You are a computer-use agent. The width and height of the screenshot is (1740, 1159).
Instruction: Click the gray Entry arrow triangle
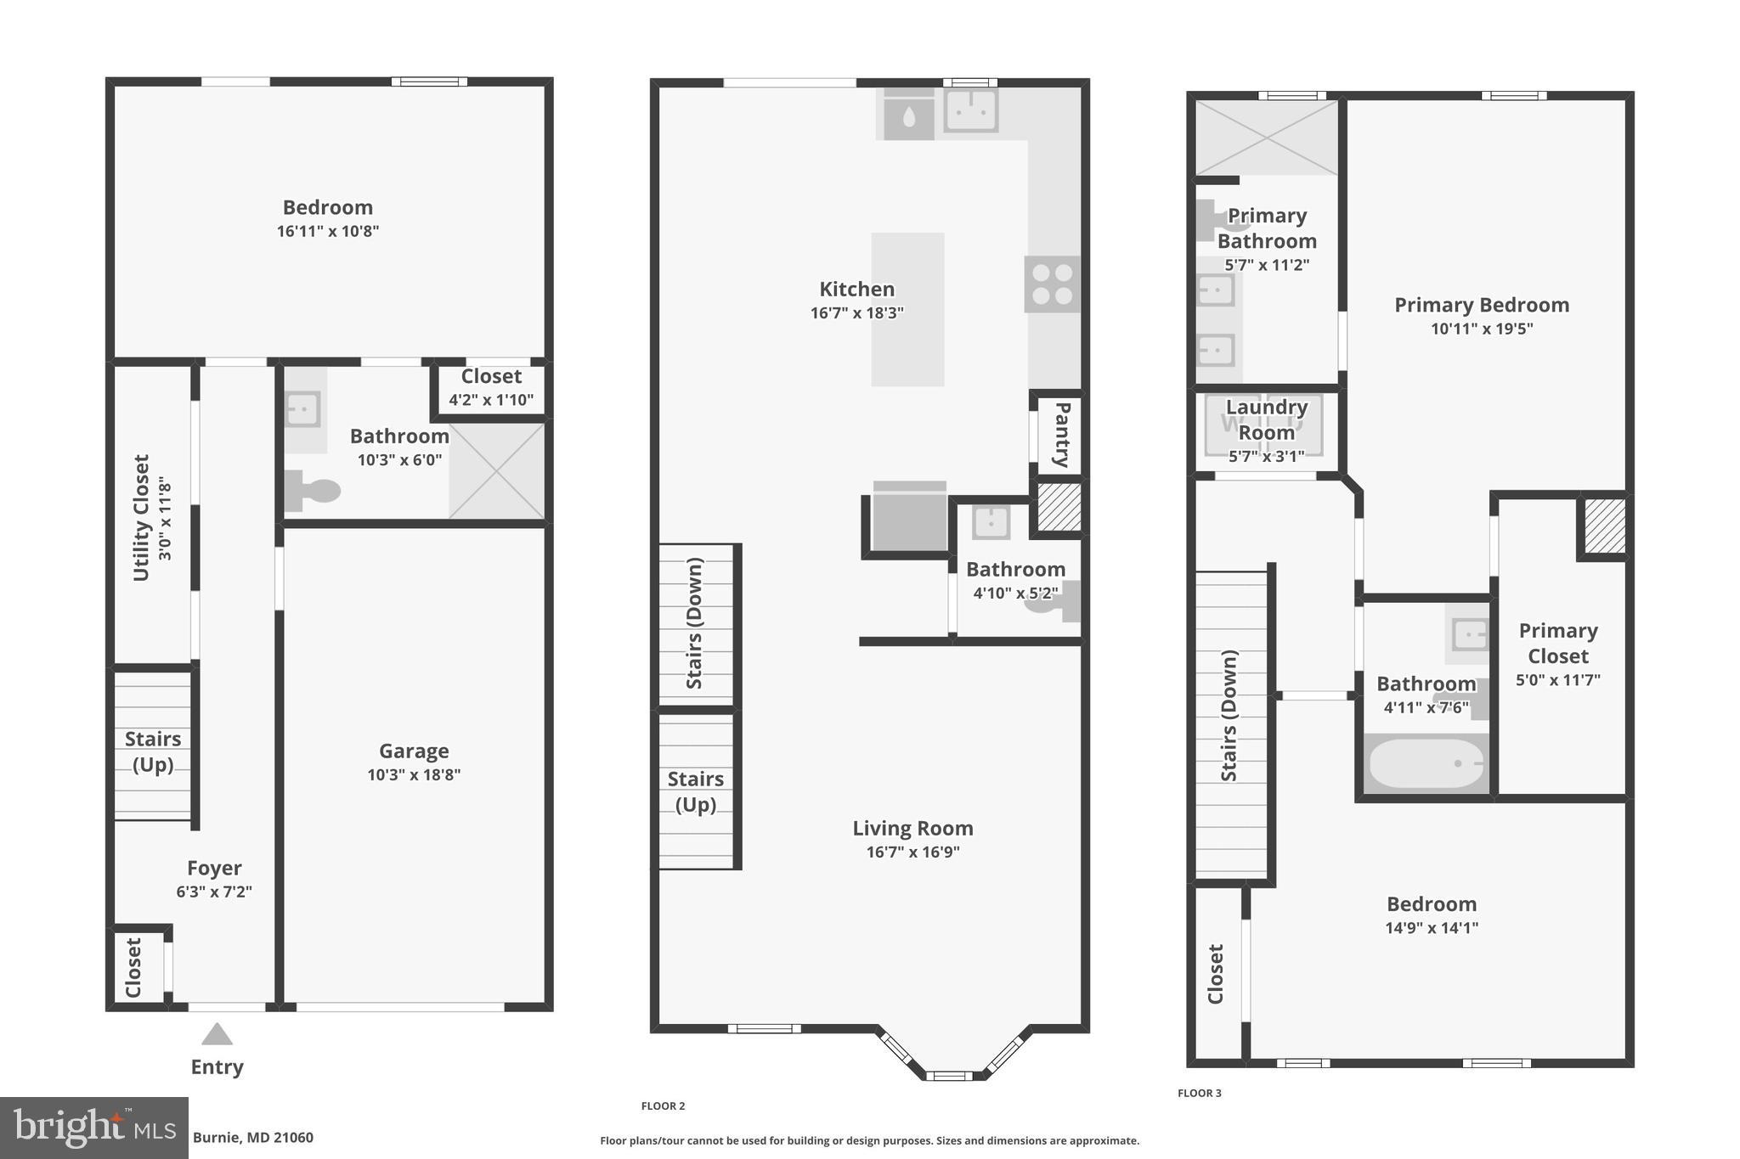[x=217, y=1034]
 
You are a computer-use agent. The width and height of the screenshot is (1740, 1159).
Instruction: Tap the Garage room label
[x=414, y=751]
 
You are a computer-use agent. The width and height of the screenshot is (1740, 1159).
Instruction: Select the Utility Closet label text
[x=142, y=517]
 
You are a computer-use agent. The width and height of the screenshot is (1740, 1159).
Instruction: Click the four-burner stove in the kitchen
[x=1052, y=284]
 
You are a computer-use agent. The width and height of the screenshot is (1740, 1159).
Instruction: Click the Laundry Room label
[x=1266, y=419]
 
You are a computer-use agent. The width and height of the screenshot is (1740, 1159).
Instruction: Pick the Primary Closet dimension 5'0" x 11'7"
[x=1557, y=680]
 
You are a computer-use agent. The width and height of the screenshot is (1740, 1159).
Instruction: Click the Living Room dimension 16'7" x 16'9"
[x=912, y=852]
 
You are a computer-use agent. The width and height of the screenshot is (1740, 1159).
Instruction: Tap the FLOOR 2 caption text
[x=663, y=1106]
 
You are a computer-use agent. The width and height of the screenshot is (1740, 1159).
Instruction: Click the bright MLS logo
[x=94, y=1128]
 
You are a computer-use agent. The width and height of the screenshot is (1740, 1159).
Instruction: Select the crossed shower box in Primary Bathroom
[x=1266, y=138]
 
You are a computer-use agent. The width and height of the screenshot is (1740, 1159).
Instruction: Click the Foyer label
[x=214, y=868]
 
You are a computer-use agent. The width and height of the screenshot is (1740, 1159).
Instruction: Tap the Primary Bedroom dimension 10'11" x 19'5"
[x=1481, y=329]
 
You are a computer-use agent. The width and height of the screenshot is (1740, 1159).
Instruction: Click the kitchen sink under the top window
[x=970, y=110]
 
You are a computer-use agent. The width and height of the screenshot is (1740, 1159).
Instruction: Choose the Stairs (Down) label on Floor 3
[x=1229, y=715]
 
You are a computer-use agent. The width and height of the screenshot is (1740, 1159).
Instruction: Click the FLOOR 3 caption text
[x=1199, y=1093]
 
